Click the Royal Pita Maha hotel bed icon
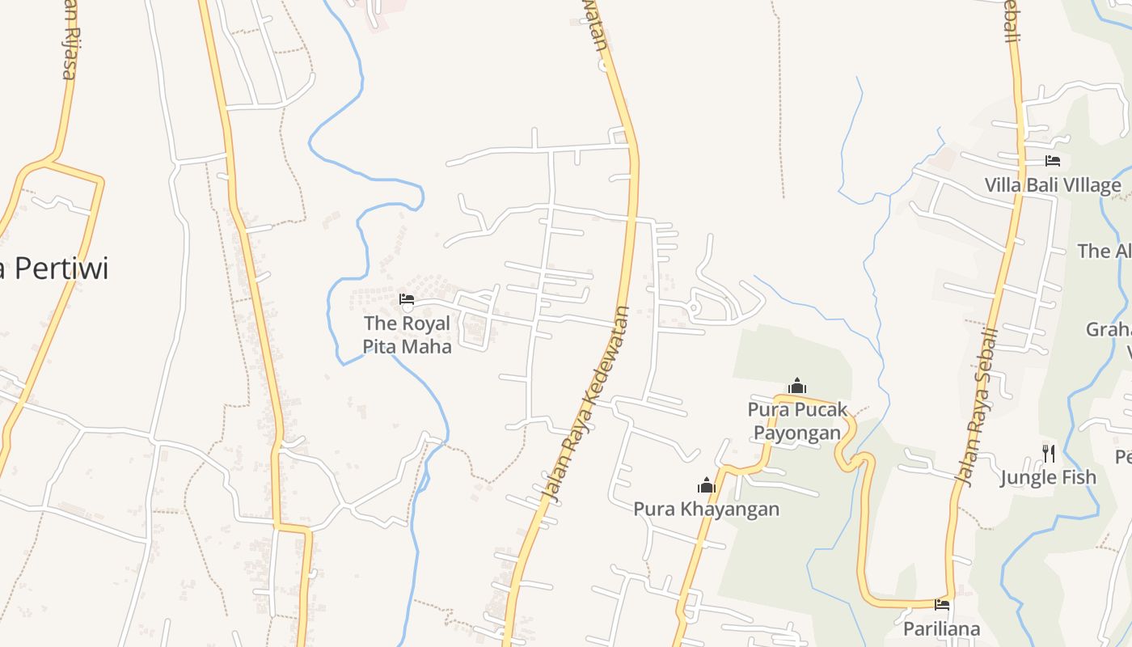click(407, 299)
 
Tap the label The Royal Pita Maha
click(407, 335)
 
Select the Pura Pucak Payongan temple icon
click(797, 386)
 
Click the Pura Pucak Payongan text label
click(797, 421)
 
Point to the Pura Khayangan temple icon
click(707, 485)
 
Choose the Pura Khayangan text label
click(706, 509)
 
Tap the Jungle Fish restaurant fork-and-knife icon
click(1049, 453)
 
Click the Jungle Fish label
click(1048, 477)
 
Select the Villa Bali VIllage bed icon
click(1053, 161)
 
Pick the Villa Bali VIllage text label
click(1053, 185)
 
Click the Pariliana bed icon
click(942, 604)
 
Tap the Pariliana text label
click(941, 628)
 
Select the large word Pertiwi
click(61, 268)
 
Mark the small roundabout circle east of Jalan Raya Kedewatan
click(693, 307)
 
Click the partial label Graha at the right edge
click(1109, 330)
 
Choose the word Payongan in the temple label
click(797, 433)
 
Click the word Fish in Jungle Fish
click(1080, 477)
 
